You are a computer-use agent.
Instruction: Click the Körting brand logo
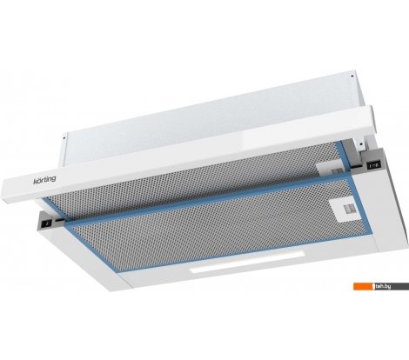(44, 180)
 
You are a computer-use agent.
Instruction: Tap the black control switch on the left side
(46, 223)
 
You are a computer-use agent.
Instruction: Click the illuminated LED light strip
(247, 262)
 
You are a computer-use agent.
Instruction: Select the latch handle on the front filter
(346, 210)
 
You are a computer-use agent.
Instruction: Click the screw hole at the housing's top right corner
(352, 77)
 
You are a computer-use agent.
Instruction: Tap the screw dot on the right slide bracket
(361, 143)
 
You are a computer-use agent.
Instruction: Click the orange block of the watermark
(363, 286)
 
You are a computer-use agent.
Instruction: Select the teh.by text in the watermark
(382, 286)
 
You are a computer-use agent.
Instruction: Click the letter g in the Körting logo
(53, 179)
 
